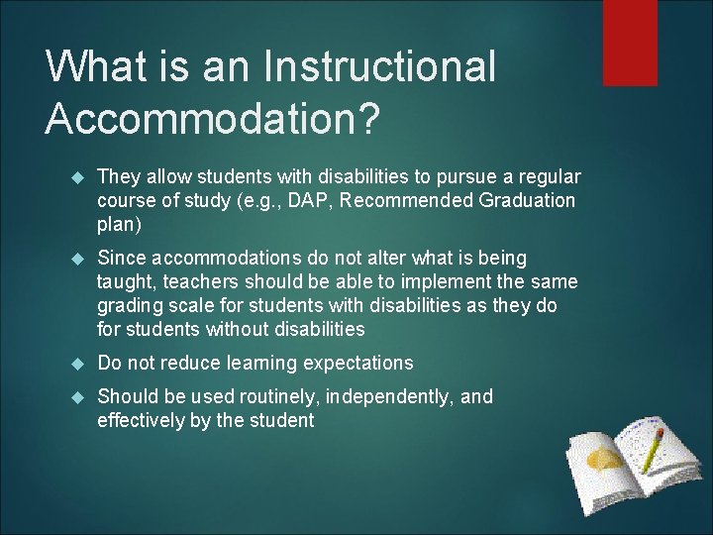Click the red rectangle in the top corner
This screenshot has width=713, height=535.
pyautogui.click(x=630, y=43)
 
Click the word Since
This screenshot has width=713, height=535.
pyautogui.click(x=120, y=258)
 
